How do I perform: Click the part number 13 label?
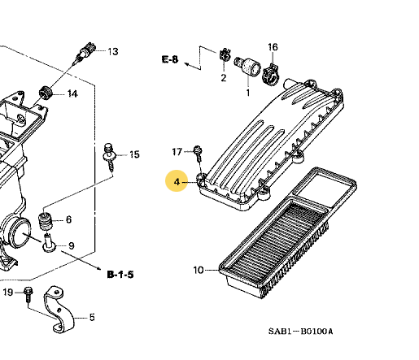pyautogui.click(x=112, y=51)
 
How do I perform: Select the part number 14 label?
pyautogui.click(x=72, y=93)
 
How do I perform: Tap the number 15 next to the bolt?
pyautogui.click(x=134, y=154)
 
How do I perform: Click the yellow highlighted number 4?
pyautogui.click(x=177, y=182)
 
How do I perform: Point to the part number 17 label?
pyautogui.click(x=177, y=152)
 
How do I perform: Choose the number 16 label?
pyautogui.click(x=273, y=47)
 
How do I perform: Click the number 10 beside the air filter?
pyautogui.click(x=199, y=270)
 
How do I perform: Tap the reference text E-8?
pyautogui.click(x=170, y=59)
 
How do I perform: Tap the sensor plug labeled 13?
pyautogui.click(x=84, y=53)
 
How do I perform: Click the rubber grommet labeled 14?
pyautogui.click(x=47, y=91)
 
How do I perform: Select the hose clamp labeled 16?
pyautogui.click(x=268, y=72)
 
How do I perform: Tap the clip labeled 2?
pyautogui.click(x=221, y=58)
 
